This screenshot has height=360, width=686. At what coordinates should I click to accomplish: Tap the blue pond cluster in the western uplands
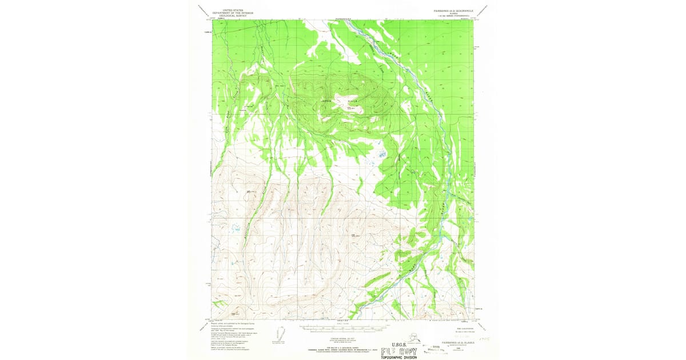[234, 230]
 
